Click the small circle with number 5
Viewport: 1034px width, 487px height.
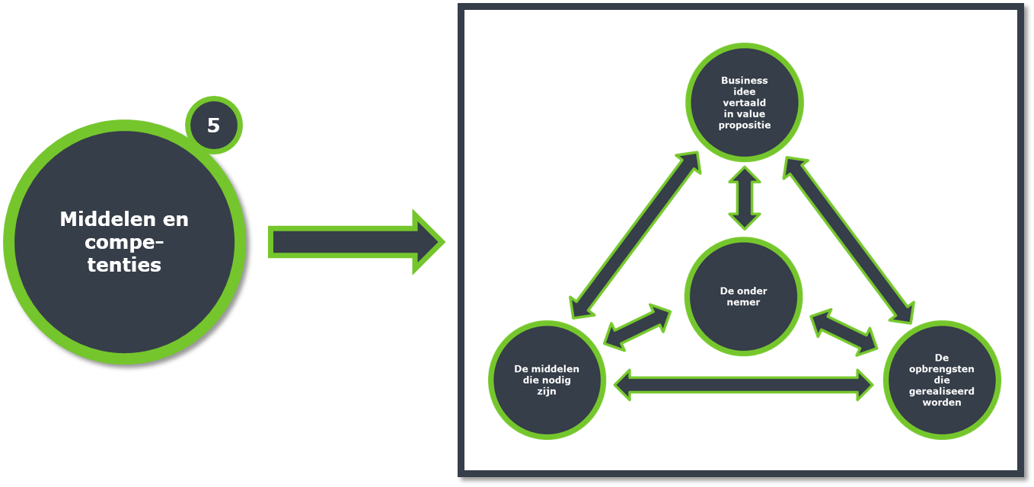click(214, 125)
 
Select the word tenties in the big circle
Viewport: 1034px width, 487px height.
click(124, 265)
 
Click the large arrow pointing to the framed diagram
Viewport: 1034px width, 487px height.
click(356, 242)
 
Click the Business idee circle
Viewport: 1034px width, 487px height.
click(744, 103)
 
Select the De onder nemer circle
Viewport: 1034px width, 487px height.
click(743, 297)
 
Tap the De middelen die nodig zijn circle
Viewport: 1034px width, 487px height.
click(547, 380)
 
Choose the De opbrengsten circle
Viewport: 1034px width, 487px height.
click(942, 380)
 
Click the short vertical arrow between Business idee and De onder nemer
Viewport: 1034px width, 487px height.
click(745, 198)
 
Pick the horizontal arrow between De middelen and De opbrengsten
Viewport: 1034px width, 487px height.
click(744, 384)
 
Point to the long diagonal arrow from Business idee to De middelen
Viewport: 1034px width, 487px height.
click(636, 234)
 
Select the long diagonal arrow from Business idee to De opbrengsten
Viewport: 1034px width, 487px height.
click(848, 240)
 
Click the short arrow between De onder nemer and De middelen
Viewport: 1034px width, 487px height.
click(637, 327)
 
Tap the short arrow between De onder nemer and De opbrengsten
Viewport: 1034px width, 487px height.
click(844, 332)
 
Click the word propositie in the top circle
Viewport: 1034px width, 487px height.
click(744, 126)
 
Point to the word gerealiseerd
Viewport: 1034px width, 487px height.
click(942, 392)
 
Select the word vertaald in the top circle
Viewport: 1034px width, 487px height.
click(744, 103)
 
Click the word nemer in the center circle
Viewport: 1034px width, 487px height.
click(743, 302)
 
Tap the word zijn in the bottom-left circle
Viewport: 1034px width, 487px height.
click(547, 392)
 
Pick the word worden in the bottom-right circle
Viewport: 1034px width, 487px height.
click(942, 402)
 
